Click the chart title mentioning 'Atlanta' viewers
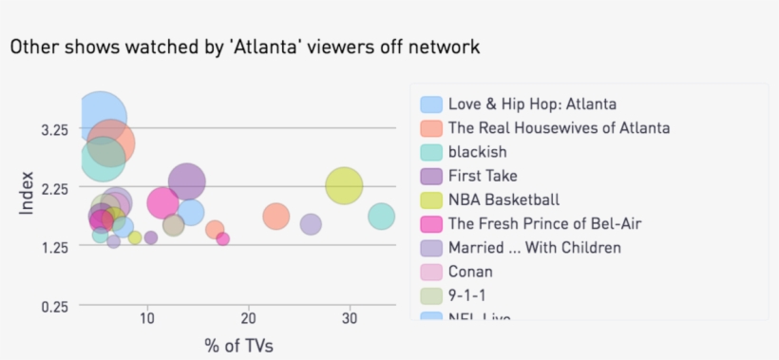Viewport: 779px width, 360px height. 245,47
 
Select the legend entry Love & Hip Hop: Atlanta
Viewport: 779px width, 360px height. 532,104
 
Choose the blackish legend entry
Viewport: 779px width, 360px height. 477,152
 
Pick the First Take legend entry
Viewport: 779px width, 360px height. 483,176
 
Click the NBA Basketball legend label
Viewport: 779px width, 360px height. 503,199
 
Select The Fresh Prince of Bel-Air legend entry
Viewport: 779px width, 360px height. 544,223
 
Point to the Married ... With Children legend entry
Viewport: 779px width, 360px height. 534,247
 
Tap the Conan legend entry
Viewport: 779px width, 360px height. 470,272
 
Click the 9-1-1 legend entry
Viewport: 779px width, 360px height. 466,295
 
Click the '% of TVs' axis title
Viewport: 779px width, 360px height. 238,344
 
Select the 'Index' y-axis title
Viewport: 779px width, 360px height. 26,193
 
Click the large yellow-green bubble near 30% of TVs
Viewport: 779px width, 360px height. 344,186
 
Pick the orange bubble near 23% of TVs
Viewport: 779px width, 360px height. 275,217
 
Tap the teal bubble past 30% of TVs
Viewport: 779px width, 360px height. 381,217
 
